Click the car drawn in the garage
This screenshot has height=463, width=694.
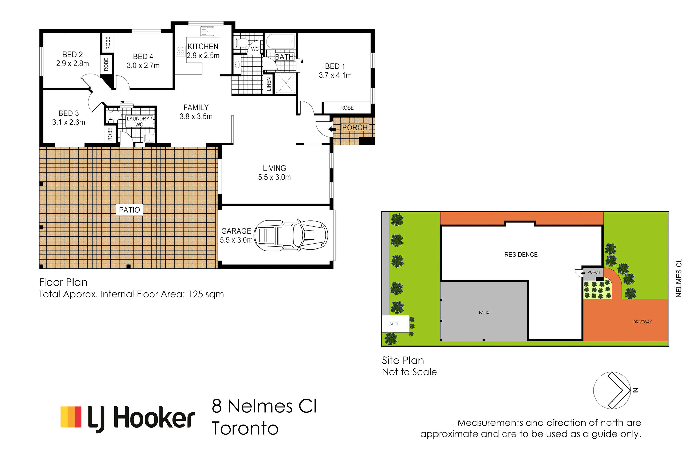[x=291, y=235]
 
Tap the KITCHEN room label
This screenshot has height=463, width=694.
[x=203, y=47]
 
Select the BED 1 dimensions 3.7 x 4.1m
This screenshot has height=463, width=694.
[x=335, y=75]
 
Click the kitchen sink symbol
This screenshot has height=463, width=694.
[x=207, y=31]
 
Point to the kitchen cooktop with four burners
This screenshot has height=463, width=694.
[x=180, y=51]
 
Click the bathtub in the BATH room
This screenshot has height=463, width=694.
[x=281, y=41]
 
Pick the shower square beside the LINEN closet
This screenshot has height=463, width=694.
[x=285, y=83]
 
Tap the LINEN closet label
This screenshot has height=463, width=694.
[x=269, y=84]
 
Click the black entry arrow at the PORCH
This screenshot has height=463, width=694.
[x=332, y=129]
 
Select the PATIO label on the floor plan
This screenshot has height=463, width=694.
[x=129, y=210]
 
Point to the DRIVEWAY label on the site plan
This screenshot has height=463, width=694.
[x=642, y=322]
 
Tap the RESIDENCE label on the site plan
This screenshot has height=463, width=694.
[x=521, y=255]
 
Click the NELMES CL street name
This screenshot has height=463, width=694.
[x=679, y=278]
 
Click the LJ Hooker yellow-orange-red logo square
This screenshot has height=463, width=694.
[x=71, y=417]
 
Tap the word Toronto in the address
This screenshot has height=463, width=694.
[x=245, y=429]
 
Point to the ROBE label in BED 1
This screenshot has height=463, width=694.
[x=347, y=108]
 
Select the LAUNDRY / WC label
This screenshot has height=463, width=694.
[x=140, y=121]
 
